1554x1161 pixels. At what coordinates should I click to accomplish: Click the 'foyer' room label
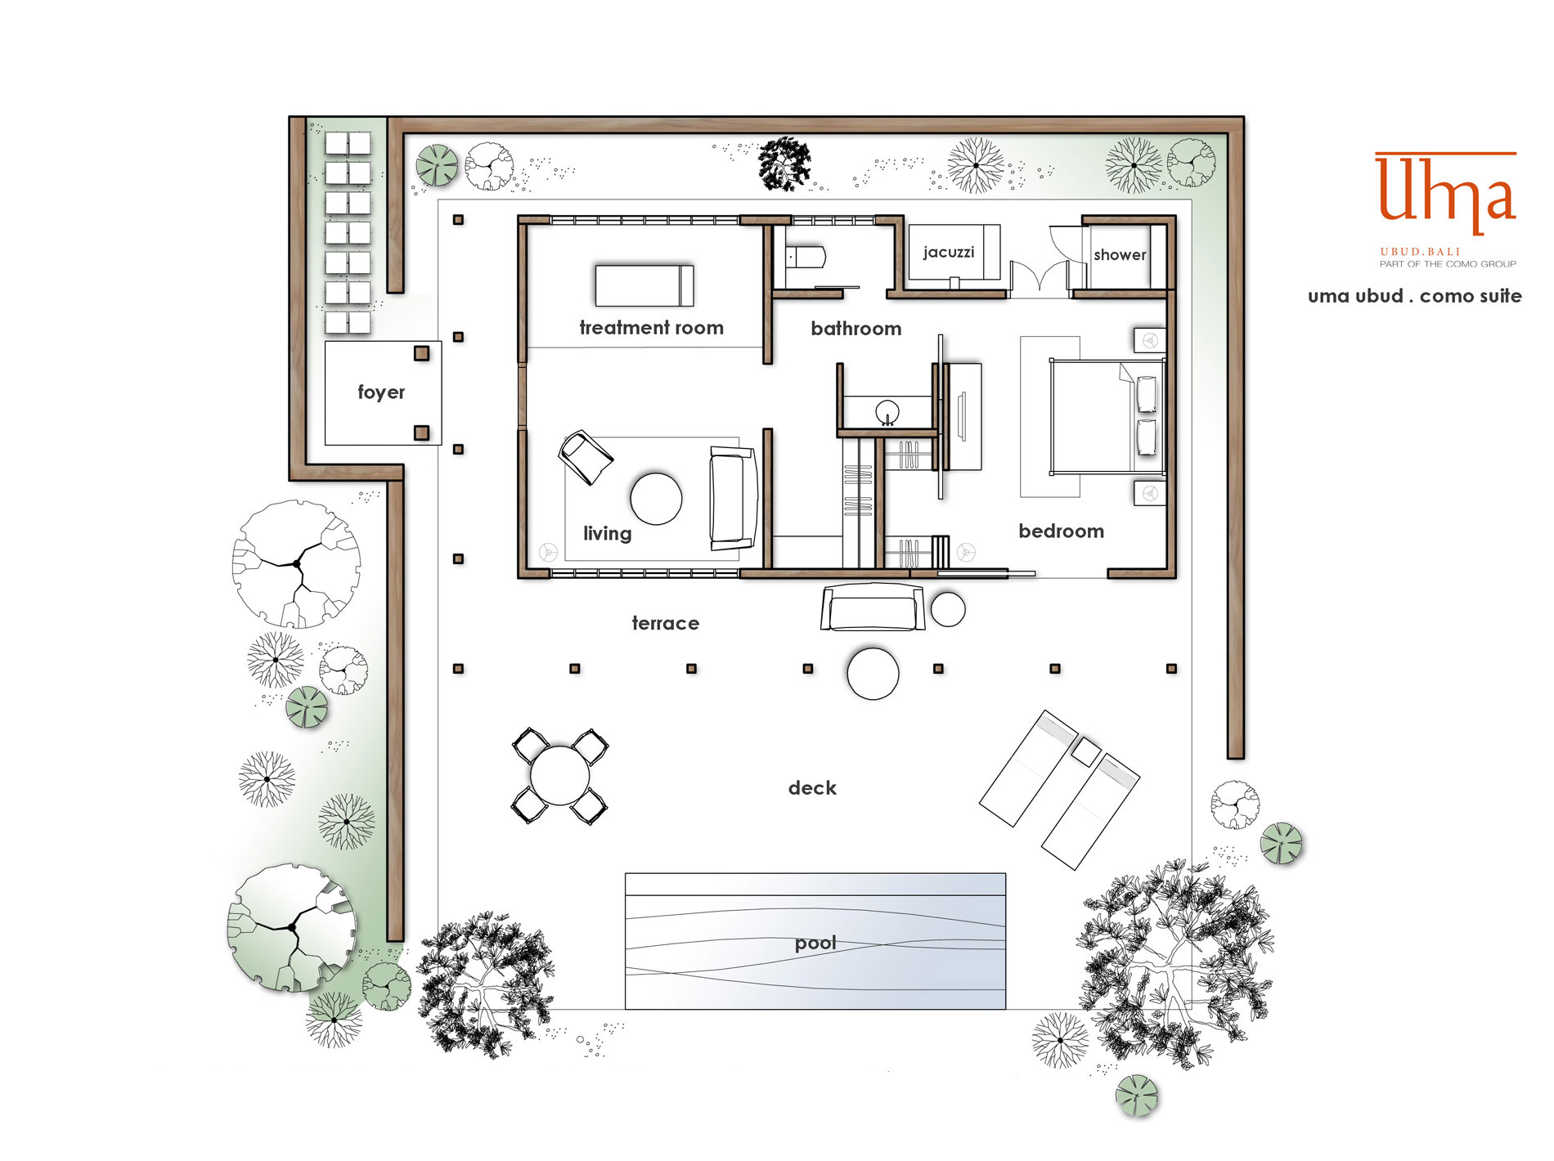[381, 392]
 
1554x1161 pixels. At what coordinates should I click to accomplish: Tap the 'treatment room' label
[651, 328]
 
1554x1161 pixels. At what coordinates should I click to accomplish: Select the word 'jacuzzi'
[949, 252]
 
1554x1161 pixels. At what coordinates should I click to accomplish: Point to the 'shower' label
[1120, 254]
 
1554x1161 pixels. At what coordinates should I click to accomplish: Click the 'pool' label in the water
[815, 944]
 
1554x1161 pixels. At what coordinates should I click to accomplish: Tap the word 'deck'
[812, 788]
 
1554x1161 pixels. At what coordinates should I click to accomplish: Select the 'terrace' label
[665, 623]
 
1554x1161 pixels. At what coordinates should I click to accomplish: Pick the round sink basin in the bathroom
[887, 412]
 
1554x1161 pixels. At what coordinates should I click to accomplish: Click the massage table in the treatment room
[645, 285]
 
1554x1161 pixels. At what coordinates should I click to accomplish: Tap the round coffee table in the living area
[656, 499]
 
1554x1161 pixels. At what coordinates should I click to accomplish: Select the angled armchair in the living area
[586, 457]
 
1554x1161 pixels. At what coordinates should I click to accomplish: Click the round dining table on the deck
[559, 776]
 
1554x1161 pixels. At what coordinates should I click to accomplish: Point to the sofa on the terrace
[873, 607]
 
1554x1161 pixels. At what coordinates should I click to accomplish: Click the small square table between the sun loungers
[1086, 751]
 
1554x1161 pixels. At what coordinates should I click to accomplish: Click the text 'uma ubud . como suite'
[1414, 296]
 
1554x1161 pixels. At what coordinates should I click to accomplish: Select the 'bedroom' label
[1061, 531]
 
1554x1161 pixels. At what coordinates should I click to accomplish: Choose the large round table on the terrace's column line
[873, 674]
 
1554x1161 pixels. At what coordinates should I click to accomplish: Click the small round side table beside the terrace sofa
[948, 609]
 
